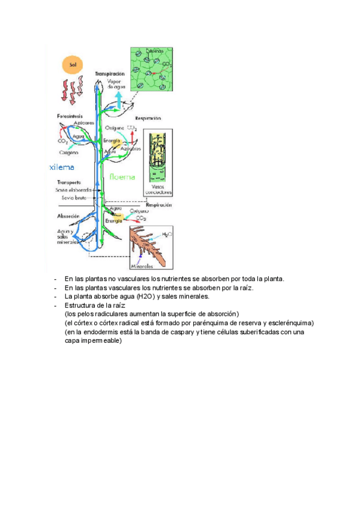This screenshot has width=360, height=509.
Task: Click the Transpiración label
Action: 110,73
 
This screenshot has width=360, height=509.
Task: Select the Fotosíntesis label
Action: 70,115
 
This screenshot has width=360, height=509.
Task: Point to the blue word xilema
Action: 62,167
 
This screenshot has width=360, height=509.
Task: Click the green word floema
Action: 122,177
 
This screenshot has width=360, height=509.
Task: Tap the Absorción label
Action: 69,215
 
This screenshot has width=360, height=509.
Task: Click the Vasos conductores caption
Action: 158,190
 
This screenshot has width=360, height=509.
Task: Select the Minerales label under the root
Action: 142,265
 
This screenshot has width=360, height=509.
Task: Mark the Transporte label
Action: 70,182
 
